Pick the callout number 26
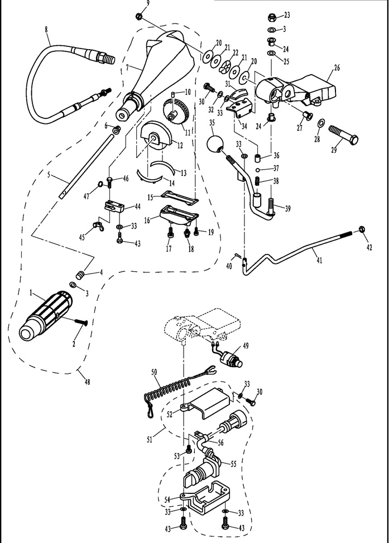click(x=337, y=68)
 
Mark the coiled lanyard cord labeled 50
click(x=167, y=392)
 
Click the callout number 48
click(x=87, y=382)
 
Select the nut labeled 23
click(x=271, y=16)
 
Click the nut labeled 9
click(x=140, y=15)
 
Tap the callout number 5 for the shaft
click(x=50, y=175)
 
